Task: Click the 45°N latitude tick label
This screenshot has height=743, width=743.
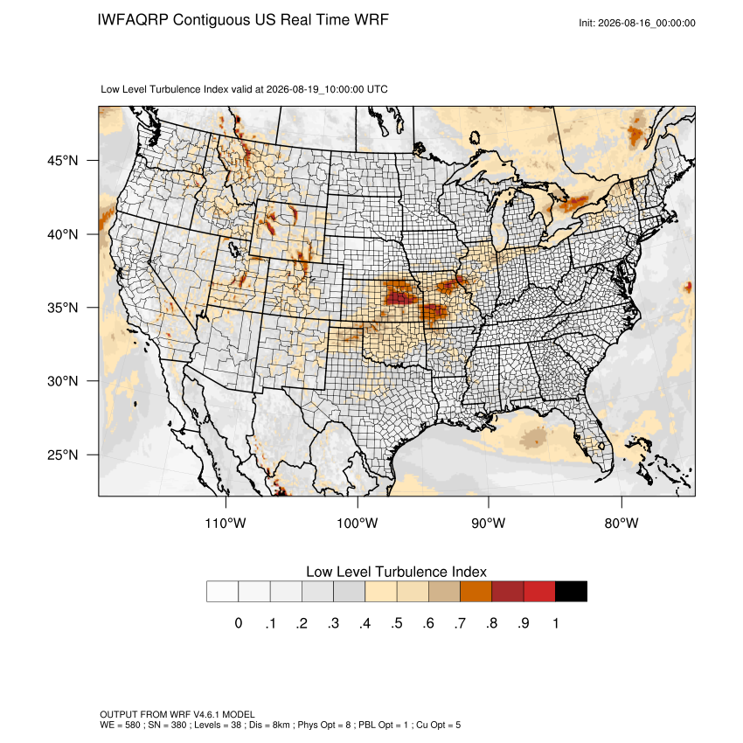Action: tap(62, 161)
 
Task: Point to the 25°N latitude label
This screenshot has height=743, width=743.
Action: tap(62, 455)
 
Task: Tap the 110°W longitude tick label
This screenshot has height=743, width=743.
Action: tap(226, 523)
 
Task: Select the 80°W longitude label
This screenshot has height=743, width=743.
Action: tap(621, 523)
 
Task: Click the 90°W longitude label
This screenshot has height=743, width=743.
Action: tap(488, 523)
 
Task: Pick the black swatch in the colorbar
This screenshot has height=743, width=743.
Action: tap(571, 592)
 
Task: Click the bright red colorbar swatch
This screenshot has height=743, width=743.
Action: tap(539, 592)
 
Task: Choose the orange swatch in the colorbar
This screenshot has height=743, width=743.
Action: tap(476, 592)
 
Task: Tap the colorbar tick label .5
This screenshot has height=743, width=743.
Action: tap(397, 623)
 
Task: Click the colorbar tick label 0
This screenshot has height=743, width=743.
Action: tap(239, 623)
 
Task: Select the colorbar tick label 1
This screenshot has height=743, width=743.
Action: tap(555, 623)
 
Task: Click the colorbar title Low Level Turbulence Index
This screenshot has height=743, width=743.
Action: tap(396, 572)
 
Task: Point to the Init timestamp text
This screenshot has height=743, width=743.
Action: tap(637, 24)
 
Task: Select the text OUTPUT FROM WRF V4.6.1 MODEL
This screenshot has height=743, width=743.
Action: tap(177, 714)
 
